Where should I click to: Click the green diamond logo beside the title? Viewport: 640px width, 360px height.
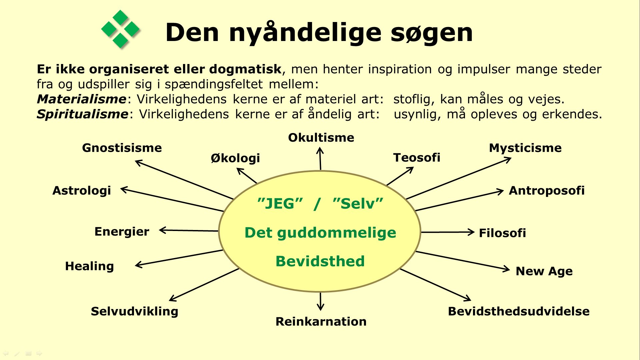click(120, 29)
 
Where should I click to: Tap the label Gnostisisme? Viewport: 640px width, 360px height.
click(122, 148)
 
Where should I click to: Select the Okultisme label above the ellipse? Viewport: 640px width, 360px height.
click(321, 137)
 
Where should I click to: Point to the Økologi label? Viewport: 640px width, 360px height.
click(235, 158)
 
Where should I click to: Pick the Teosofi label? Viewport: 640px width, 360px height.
click(417, 157)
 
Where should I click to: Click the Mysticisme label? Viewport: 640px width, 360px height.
click(525, 148)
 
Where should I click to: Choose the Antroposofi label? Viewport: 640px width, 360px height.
click(547, 191)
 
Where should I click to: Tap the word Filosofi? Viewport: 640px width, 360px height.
click(502, 233)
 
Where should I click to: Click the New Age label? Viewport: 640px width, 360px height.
click(544, 271)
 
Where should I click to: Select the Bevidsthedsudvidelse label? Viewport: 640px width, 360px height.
click(519, 311)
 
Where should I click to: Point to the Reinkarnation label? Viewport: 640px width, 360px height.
click(321, 321)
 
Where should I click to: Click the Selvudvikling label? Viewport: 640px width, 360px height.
click(134, 311)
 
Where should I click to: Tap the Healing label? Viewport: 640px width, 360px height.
click(89, 266)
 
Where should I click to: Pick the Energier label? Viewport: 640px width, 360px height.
click(122, 232)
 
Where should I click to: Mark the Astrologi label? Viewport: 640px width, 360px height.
click(82, 191)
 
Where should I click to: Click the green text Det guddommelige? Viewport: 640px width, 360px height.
click(320, 233)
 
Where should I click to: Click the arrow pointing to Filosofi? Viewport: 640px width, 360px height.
click(447, 232)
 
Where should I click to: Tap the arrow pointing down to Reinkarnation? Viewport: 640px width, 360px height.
click(320, 301)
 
